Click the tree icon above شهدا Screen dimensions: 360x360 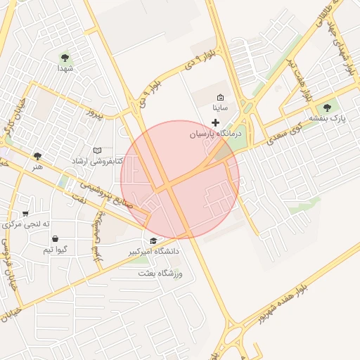click(x=65, y=58)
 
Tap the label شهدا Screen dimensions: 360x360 click(x=65, y=69)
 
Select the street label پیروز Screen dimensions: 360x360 click(x=94, y=112)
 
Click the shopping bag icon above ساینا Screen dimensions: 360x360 click(x=220, y=98)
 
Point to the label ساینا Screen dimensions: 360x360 click(x=220, y=108)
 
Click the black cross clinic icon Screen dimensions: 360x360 click(x=215, y=122)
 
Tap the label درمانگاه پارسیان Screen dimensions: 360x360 click(x=217, y=133)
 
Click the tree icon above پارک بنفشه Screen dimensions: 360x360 click(x=326, y=108)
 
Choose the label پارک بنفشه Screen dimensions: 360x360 click(x=326, y=119)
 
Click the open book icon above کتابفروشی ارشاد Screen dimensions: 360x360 click(x=98, y=150)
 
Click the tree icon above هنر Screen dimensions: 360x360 click(x=37, y=156)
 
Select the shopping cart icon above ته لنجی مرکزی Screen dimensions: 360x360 click(x=26, y=214)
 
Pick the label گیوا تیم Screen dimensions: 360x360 click(x=55, y=250)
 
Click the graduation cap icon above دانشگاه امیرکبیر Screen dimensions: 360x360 click(x=154, y=240)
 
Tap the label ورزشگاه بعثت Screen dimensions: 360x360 click(x=162, y=272)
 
